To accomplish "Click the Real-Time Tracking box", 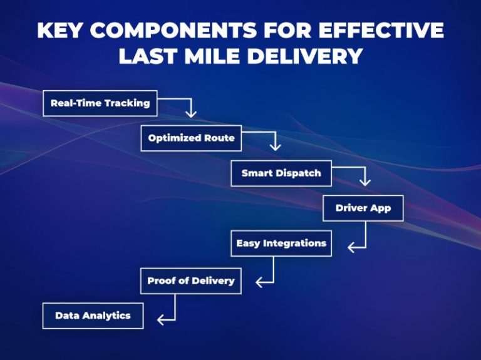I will (x=100, y=103).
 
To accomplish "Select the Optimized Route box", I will (x=191, y=138).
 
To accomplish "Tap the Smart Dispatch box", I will (x=281, y=173).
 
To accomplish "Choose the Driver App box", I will (x=363, y=208).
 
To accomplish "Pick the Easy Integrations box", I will (x=281, y=243).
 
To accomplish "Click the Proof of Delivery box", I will (x=190, y=280).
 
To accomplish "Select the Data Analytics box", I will (x=93, y=316).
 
